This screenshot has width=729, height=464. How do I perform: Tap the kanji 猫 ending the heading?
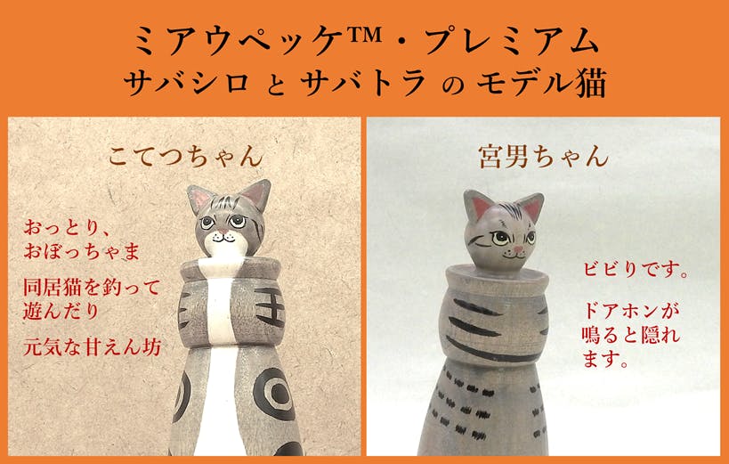(x=591, y=84)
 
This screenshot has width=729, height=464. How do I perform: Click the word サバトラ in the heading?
(x=362, y=85)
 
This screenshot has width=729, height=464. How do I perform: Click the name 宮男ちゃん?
(x=544, y=157)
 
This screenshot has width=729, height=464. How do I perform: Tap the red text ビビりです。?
(x=635, y=270)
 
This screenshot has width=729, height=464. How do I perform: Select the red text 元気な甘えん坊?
(x=92, y=347)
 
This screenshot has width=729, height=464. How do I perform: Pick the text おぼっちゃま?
(x=82, y=251)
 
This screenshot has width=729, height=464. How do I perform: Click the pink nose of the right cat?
(x=518, y=249)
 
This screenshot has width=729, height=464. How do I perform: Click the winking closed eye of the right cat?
(x=478, y=240)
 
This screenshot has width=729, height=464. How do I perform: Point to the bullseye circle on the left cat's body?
(x=275, y=394)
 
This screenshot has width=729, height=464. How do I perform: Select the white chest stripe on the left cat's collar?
(x=220, y=303)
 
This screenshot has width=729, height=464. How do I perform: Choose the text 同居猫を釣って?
(x=92, y=287)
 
